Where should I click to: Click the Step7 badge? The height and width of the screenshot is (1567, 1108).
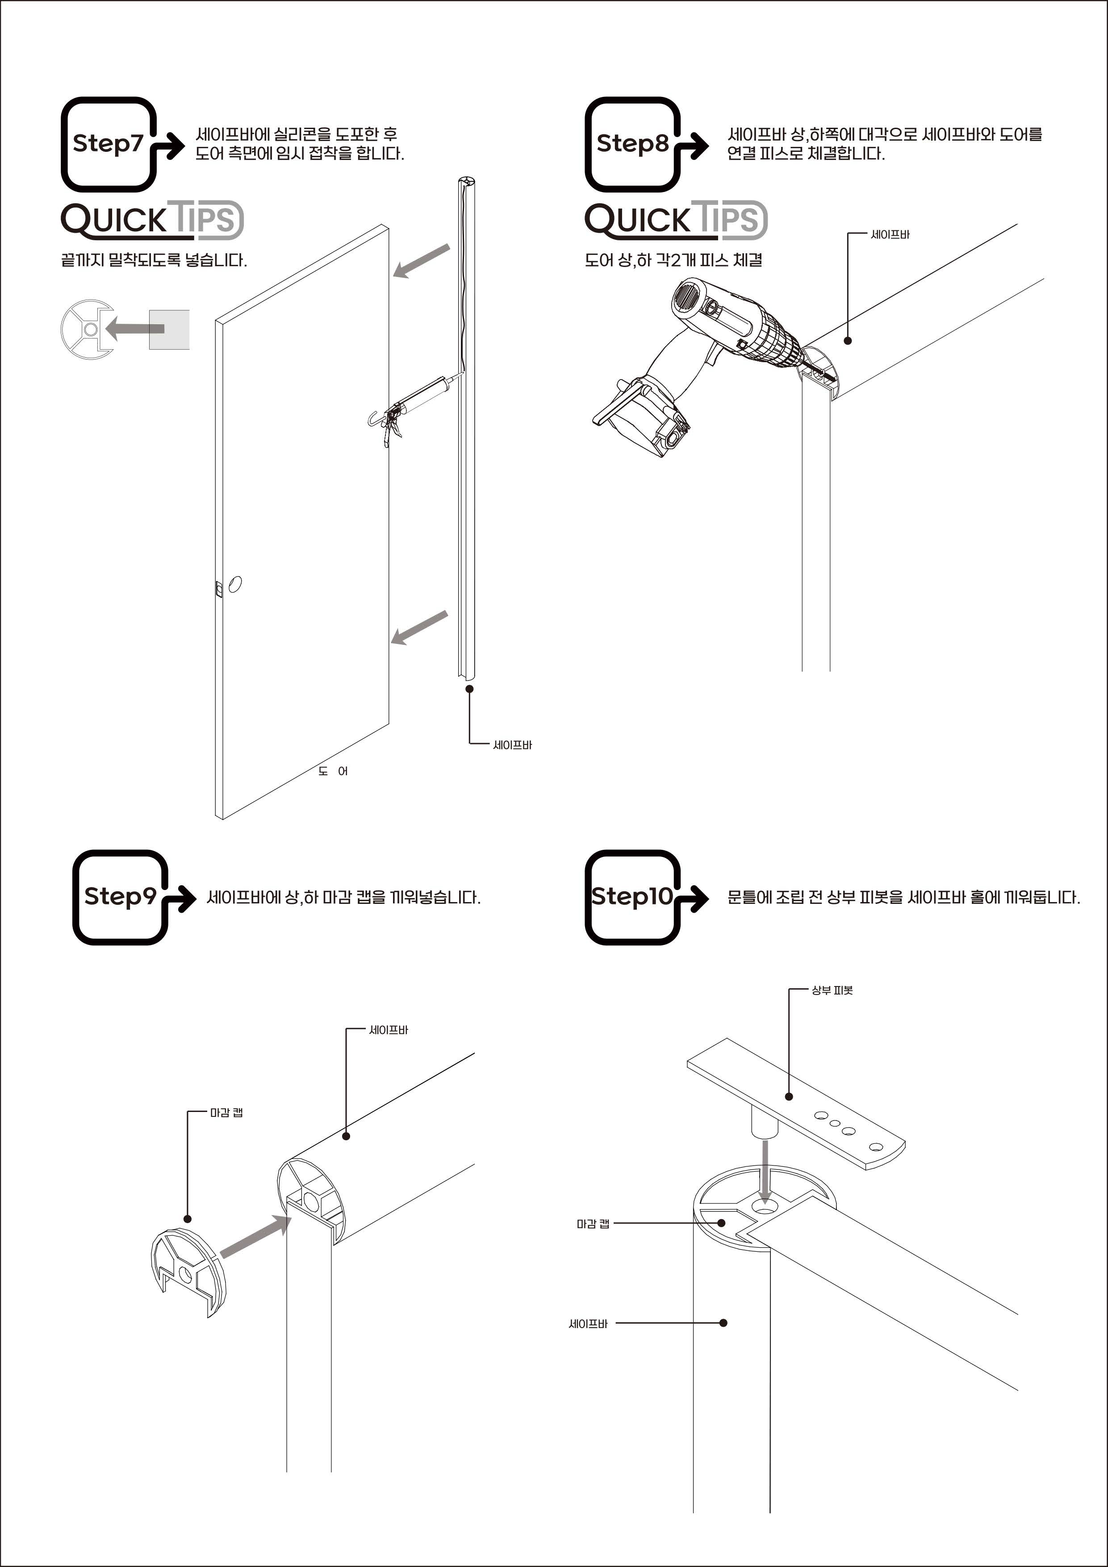point(109,144)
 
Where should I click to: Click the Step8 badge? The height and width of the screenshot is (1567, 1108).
point(633,144)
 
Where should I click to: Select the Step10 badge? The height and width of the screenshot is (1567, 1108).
point(633,897)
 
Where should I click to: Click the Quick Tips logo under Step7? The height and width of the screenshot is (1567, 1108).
point(151,220)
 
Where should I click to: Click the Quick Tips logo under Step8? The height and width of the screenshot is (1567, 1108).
point(676,220)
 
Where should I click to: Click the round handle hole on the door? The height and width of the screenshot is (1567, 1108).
point(235,584)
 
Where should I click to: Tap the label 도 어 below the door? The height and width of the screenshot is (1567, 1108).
point(333,771)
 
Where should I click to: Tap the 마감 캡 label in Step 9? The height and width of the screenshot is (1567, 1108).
point(226,1113)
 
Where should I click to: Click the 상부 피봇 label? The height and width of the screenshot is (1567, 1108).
point(832,990)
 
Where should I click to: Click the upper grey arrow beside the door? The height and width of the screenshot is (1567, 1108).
point(421,261)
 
